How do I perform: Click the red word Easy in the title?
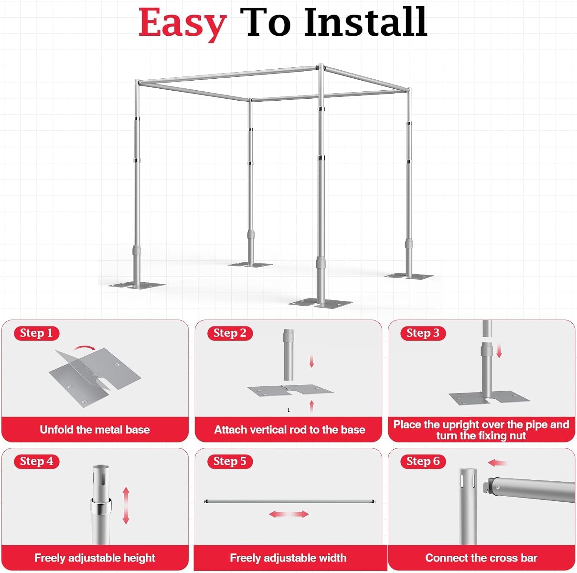pyautogui.click(x=182, y=23)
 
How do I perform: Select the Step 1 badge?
pyautogui.click(x=37, y=333)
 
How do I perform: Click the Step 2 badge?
pyautogui.click(x=230, y=333)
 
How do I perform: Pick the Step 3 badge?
pyautogui.click(x=423, y=333)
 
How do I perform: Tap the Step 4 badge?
pyautogui.click(x=37, y=461)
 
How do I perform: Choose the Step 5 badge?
pyautogui.click(x=230, y=461)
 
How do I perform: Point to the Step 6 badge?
pyautogui.click(x=423, y=461)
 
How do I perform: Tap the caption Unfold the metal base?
pyautogui.click(x=95, y=429)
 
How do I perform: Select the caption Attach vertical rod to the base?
pyautogui.click(x=289, y=429)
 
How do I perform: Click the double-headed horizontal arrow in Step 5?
pyautogui.click(x=288, y=514)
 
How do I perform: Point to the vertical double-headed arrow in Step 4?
pyautogui.click(x=126, y=505)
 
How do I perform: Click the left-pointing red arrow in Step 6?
pyautogui.click(x=497, y=463)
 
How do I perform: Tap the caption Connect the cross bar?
pyautogui.click(x=481, y=558)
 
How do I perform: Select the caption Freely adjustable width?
pyautogui.click(x=288, y=558)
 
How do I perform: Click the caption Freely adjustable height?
pyautogui.click(x=95, y=558)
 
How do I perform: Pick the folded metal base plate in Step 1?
pyautogui.click(x=94, y=376)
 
